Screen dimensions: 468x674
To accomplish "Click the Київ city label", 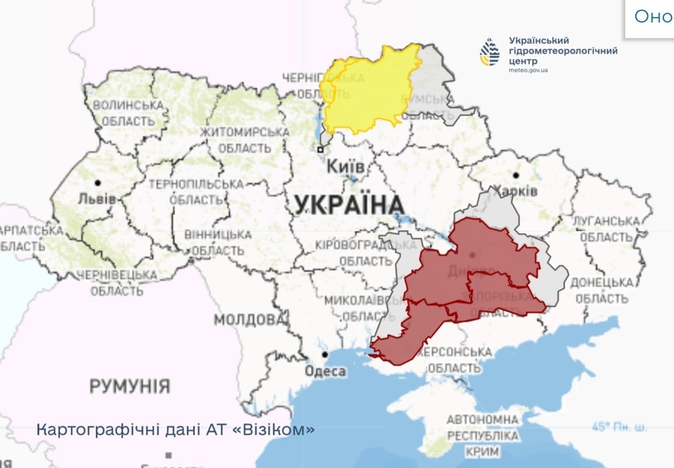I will (345, 166).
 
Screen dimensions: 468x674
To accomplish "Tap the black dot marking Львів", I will (97, 182).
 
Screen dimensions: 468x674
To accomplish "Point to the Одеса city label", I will (325, 371).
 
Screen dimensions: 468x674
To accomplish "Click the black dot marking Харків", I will (516, 175).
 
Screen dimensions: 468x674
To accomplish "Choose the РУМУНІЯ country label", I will (129, 386).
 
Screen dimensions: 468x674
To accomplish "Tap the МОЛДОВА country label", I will (248, 320).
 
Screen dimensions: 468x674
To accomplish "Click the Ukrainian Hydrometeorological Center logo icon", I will (490, 52).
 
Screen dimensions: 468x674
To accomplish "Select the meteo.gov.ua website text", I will (528, 71).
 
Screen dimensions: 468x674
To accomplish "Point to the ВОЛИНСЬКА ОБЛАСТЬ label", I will (128, 113).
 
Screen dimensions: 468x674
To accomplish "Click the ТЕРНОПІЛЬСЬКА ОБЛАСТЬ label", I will (195, 191).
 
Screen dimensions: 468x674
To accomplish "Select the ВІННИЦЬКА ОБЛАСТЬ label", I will (219, 242).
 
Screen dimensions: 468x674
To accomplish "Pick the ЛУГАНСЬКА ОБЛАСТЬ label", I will (606, 229).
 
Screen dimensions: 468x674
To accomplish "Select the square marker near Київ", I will (320, 149).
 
